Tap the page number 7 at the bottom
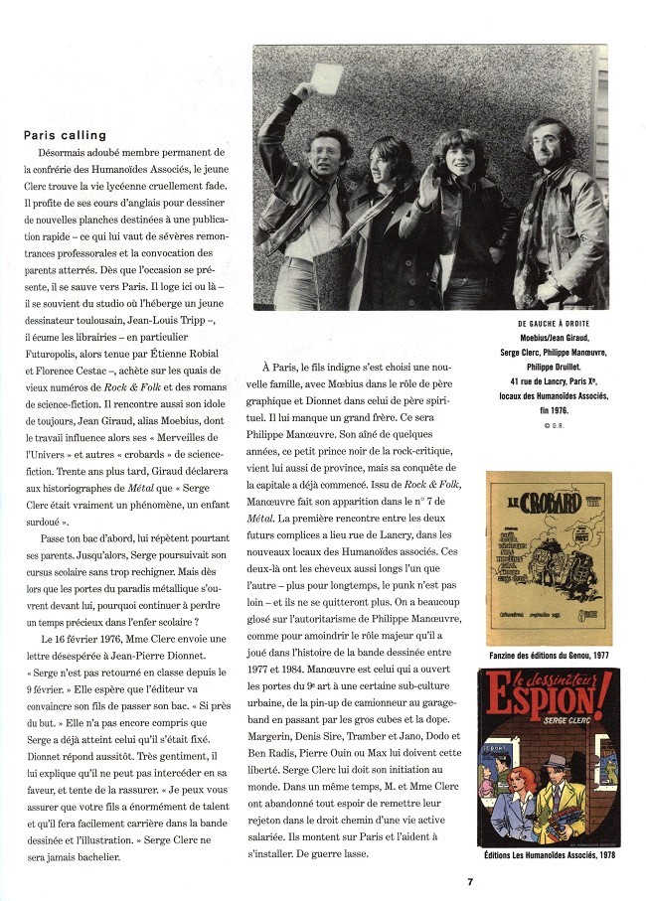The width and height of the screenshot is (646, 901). tap(471, 879)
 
